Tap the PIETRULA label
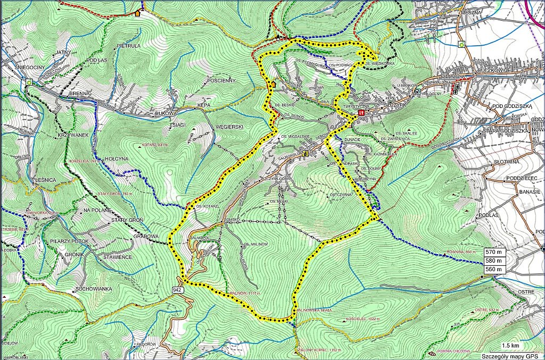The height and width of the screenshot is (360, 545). tap(128, 46)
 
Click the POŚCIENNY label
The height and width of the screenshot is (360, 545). tap(222, 81)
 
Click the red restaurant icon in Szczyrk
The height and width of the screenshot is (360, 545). tap(362, 113)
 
